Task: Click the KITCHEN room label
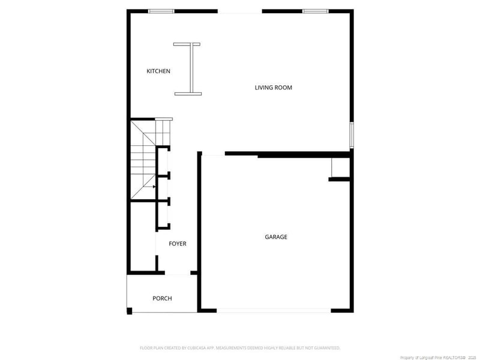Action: [x=158, y=71]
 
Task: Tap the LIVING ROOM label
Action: [x=273, y=88]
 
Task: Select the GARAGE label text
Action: [x=276, y=237]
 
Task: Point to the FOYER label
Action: [x=177, y=244]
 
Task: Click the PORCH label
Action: [x=162, y=298]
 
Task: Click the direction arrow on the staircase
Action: [x=154, y=187]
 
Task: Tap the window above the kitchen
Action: [x=161, y=11]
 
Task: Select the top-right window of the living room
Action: [x=315, y=11]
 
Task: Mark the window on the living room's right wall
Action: [x=352, y=134]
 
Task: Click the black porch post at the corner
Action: [x=129, y=310]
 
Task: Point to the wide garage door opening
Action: [x=273, y=310]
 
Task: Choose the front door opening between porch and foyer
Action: [x=177, y=274]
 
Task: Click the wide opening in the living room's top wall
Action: [x=239, y=11]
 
